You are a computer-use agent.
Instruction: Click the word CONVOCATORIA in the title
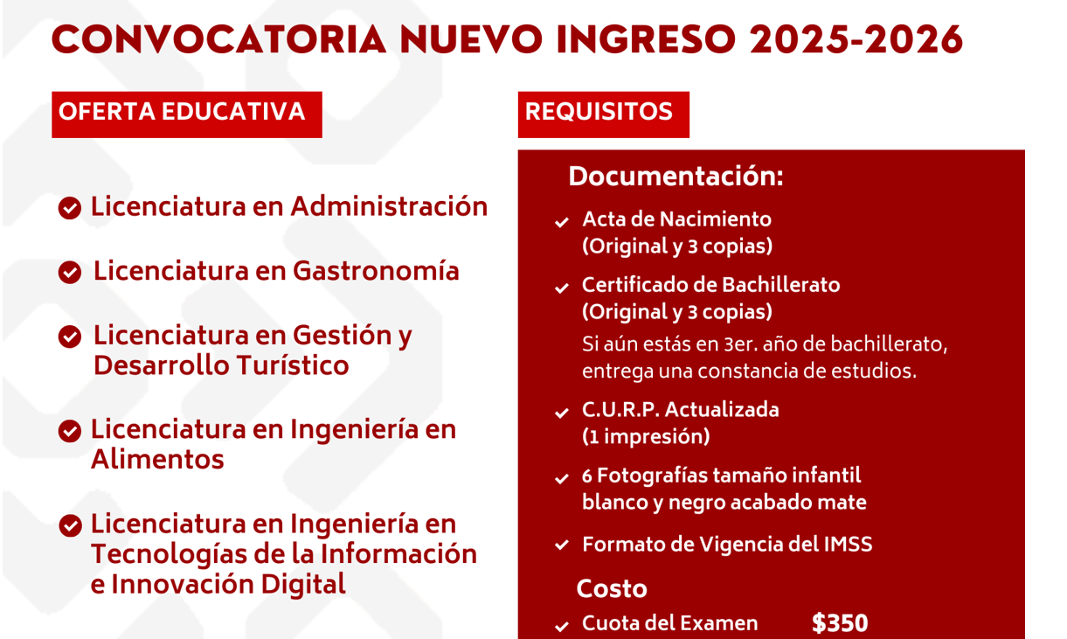point(218,39)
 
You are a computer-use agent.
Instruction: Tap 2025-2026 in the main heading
point(856,39)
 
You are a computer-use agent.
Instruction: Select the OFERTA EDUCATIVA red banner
point(187,115)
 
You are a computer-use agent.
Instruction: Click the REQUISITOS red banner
point(604,115)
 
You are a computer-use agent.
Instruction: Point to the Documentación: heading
point(676,177)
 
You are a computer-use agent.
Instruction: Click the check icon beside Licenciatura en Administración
point(70,208)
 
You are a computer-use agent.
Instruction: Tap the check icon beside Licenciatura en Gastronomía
point(70,272)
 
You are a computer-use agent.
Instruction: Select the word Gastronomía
point(376,271)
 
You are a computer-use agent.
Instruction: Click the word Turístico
point(293,365)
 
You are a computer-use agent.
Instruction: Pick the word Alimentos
point(157,459)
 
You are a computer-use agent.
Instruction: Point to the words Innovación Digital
point(228,584)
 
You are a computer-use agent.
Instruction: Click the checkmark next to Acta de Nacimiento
point(562,222)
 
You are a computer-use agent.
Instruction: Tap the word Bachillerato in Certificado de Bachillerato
point(781,285)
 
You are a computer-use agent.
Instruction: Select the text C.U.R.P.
point(620,410)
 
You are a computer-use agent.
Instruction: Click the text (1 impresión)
point(646,436)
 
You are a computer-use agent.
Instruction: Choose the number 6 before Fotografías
point(587,476)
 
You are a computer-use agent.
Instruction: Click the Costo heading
point(612,588)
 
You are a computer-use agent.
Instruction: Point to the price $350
point(840,622)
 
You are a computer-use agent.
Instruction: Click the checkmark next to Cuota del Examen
point(562,626)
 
